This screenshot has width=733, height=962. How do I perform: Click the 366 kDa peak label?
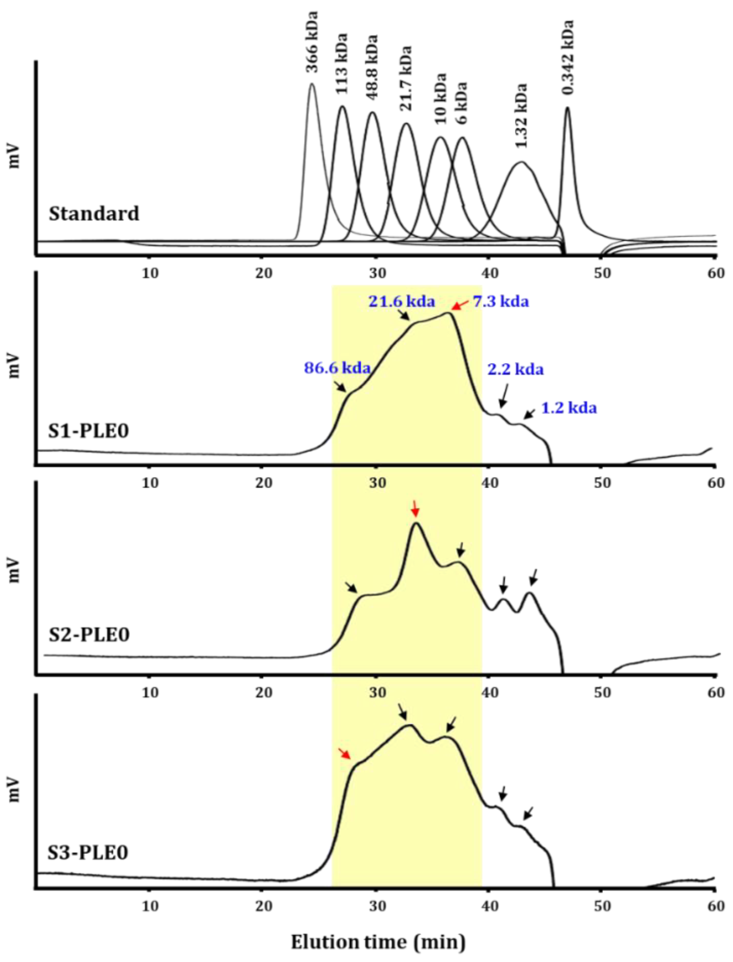pos(311,49)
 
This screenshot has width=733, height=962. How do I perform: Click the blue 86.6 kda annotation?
pos(337,368)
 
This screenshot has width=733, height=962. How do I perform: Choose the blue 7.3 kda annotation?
pos(501,302)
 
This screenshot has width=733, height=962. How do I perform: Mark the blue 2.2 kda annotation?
pos(515,370)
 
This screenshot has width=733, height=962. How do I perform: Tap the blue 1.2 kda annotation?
pos(569,408)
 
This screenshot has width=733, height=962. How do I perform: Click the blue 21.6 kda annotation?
pos(402,302)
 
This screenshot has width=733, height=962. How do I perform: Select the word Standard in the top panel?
pos(94,214)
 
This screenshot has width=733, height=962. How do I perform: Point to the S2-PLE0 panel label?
pos(89,634)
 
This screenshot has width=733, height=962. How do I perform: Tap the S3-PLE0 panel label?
pos(88,852)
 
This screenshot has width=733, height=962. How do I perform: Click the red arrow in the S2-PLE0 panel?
pos(415,509)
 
